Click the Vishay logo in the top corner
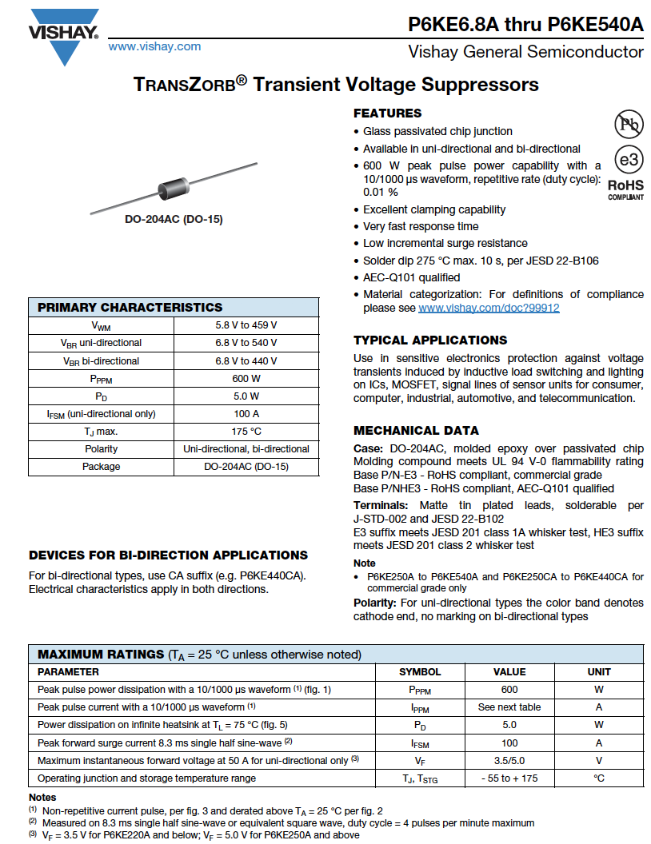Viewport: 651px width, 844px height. coord(63,34)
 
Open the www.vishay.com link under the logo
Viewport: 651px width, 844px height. coord(154,46)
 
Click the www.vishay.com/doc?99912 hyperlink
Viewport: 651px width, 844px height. coord(489,308)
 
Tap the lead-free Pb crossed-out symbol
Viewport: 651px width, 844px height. coord(629,124)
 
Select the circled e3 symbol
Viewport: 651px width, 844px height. coord(629,159)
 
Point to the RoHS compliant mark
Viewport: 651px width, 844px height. coord(625,189)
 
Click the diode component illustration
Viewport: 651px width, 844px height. coord(174,186)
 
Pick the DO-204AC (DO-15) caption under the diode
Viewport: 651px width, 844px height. coord(174,220)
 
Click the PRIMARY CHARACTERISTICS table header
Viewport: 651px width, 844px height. coord(130,308)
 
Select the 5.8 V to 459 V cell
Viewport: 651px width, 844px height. coord(246,325)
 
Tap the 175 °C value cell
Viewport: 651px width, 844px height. coord(246,432)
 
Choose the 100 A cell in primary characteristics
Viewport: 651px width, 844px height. coord(246,414)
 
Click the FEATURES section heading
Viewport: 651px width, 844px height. coord(387,113)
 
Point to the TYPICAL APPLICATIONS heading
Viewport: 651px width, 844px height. coord(430,340)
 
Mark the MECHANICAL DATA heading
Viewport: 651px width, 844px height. coord(416,431)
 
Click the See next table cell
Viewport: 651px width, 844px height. coord(509,707)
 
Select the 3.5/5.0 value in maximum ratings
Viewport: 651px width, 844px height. coord(509,760)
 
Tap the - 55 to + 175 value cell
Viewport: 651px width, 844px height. coord(509,778)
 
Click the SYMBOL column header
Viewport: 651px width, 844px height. coord(420,672)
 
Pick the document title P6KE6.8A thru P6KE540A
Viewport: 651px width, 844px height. coord(525,24)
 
